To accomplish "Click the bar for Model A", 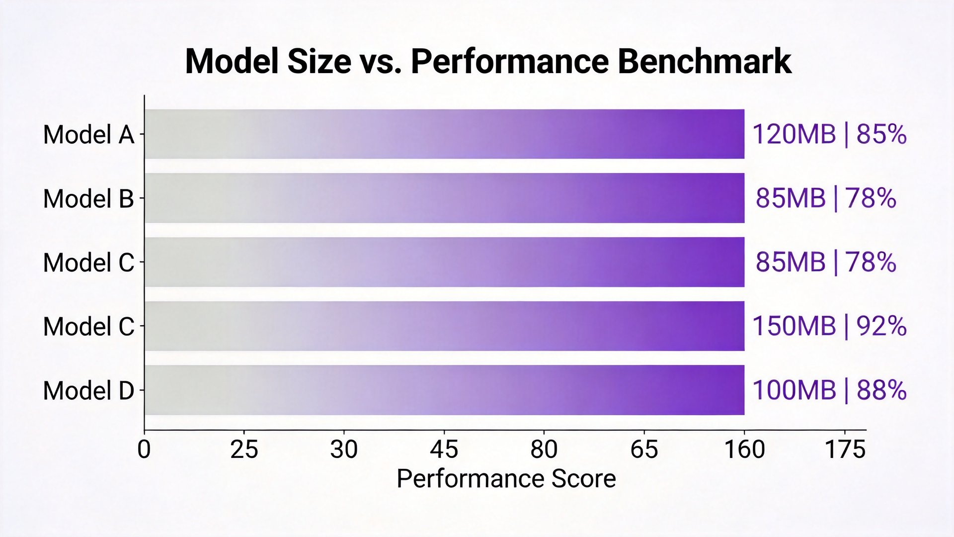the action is pyautogui.click(x=445, y=134).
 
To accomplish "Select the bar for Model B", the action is pyautogui.click(x=445, y=198).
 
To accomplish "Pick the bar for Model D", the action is pyautogui.click(x=445, y=390).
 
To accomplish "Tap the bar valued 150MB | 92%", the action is pyautogui.click(x=445, y=326).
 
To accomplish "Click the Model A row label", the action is pyautogui.click(x=89, y=135).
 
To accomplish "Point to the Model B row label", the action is pyautogui.click(x=89, y=199).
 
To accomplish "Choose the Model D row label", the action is pyautogui.click(x=89, y=391).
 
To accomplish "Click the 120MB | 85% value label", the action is pyautogui.click(x=830, y=134).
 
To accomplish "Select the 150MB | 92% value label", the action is pyautogui.click(x=830, y=326).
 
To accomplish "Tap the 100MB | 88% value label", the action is pyautogui.click(x=830, y=390).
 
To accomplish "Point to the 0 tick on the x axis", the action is pyautogui.click(x=144, y=449).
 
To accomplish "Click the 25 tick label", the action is pyautogui.click(x=244, y=449).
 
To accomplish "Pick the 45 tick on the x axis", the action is pyautogui.click(x=444, y=449).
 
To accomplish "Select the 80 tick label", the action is pyautogui.click(x=544, y=449).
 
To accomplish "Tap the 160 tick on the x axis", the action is pyautogui.click(x=744, y=449).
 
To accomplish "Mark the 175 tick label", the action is pyautogui.click(x=845, y=449).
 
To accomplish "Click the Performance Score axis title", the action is pyautogui.click(x=506, y=479).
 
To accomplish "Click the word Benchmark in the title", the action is pyautogui.click(x=705, y=62).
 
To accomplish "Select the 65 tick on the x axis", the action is pyautogui.click(x=644, y=449).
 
